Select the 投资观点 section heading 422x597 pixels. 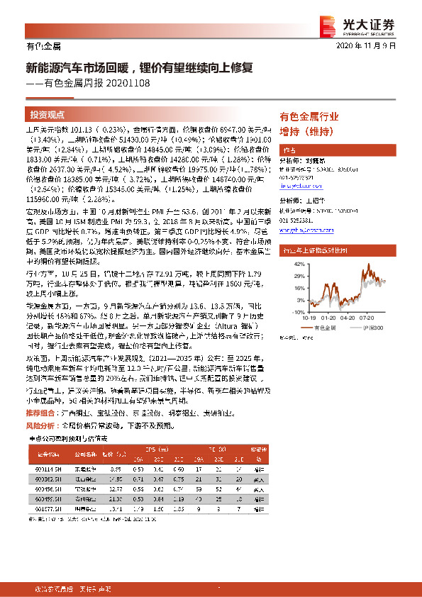[x=48, y=114]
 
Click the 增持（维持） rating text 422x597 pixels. [x=306, y=131]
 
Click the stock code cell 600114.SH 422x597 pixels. [x=48, y=469]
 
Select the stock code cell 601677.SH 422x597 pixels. [x=48, y=509]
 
